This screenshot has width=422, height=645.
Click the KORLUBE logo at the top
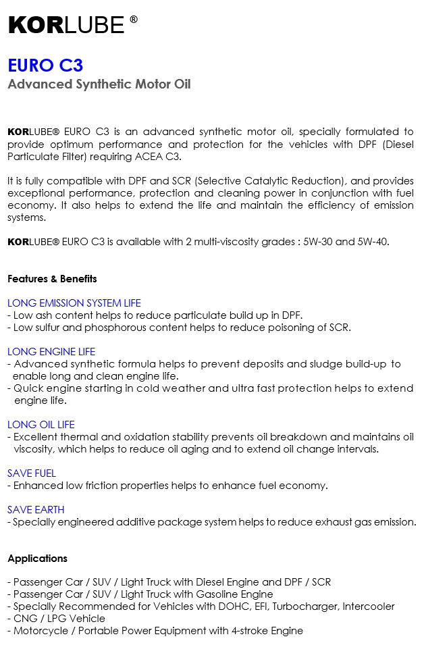[66, 25]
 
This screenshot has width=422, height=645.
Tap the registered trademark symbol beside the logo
[134, 20]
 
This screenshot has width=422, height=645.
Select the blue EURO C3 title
[45, 66]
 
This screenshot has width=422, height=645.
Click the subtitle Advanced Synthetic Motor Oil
[99, 84]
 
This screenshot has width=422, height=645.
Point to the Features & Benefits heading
[52, 279]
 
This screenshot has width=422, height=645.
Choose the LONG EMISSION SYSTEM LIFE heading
[74, 303]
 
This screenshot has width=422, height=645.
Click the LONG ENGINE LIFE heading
[51, 352]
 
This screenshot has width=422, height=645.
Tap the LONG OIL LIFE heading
[41, 425]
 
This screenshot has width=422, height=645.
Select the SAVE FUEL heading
[32, 473]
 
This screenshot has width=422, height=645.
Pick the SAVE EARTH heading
[36, 510]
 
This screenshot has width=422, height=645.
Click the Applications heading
[38, 559]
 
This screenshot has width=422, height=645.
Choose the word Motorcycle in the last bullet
[38, 631]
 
